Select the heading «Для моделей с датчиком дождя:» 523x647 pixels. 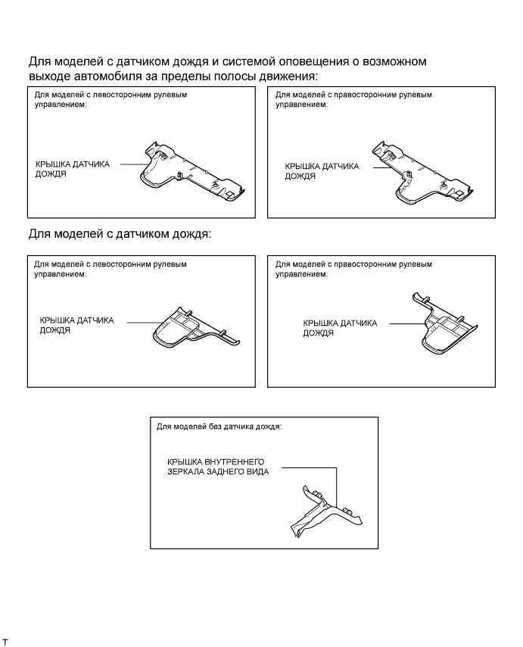tap(120, 234)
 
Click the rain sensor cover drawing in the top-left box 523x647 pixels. tap(191, 172)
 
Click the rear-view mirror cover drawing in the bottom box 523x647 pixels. tap(326, 511)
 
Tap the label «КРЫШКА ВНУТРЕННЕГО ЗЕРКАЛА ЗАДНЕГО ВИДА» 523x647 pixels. tap(218, 467)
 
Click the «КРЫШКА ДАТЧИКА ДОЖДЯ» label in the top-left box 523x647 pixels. tap(73, 169)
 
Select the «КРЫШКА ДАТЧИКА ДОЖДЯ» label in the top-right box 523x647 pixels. tap(322, 171)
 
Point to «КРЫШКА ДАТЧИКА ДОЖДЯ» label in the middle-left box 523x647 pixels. tap(76, 325)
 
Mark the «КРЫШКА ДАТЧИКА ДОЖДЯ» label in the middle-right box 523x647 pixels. tap(340, 328)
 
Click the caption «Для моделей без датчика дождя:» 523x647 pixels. tap(219, 427)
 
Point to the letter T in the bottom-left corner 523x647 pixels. tap(5, 642)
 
